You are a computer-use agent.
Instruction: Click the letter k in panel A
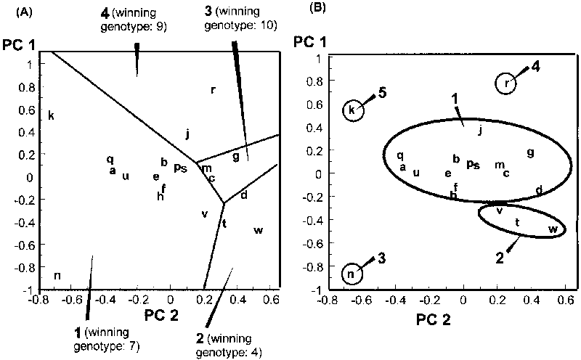[52, 115]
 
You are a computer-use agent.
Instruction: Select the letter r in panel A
[213, 90]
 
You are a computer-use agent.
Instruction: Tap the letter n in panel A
[57, 274]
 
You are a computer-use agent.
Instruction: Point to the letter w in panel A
[258, 230]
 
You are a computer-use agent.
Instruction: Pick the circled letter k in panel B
[352, 110]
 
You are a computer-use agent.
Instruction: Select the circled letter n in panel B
[352, 274]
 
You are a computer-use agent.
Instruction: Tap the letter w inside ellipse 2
[553, 229]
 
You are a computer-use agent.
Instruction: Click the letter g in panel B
[530, 152]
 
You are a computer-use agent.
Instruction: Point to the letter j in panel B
[480, 131]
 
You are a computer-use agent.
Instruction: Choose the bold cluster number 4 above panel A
[105, 12]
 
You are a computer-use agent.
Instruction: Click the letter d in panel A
[244, 195]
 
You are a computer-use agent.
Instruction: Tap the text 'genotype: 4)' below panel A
[232, 353]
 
